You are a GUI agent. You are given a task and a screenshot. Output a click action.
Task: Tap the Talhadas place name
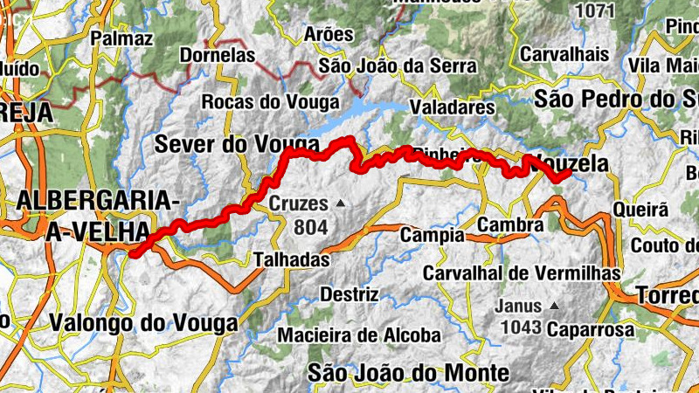(291, 259)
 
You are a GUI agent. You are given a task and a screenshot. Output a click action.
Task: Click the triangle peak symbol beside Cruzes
(341, 204)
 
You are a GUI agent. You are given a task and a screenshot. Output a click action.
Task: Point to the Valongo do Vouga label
(142, 323)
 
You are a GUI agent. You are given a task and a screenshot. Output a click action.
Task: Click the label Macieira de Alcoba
(359, 334)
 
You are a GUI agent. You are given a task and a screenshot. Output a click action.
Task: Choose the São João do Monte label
(408, 373)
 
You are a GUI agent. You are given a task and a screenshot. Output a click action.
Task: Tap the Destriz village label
(349, 294)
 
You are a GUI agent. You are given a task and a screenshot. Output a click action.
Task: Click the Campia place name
(432, 235)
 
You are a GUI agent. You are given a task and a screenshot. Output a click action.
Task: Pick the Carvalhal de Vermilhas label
(522, 273)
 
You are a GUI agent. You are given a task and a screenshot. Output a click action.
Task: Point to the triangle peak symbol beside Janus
(553, 307)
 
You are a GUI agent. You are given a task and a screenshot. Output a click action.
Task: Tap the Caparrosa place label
(591, 330)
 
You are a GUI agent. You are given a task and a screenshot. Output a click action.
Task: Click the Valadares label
(453, 107)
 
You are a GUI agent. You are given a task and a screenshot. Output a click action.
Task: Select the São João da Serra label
(398, 65)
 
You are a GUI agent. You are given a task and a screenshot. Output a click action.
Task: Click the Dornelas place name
(217, 55)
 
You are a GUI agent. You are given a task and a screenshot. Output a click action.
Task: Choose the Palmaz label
(121, 38)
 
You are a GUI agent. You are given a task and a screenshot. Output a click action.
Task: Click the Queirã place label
(640, 210)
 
